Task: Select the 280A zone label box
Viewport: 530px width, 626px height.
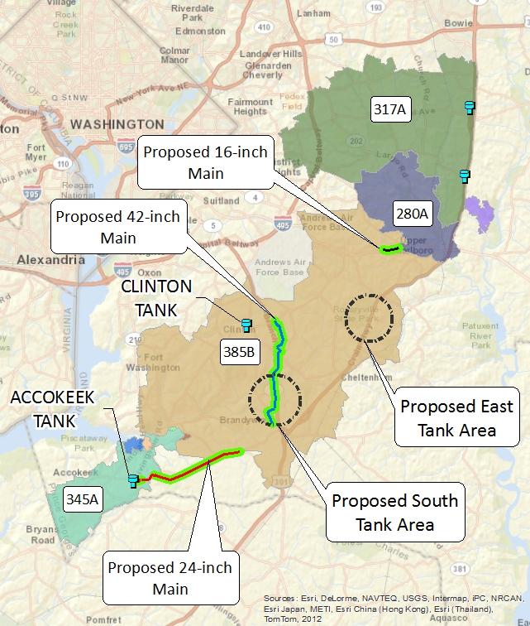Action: pyautogui.click(x=411, y=214)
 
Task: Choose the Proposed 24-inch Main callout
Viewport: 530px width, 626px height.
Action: pyautogui.click(x=170, y=578)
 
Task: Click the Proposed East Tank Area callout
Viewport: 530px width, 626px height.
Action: pyautogui.click(x=456, y=418)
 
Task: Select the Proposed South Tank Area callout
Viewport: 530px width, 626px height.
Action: pyautogui.click(x=394, y=513)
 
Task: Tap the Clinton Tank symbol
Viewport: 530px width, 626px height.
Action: pyautogui.click(x=246, y=323)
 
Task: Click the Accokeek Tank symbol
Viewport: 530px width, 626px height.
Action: pyautogui.click(x=132, y=479)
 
